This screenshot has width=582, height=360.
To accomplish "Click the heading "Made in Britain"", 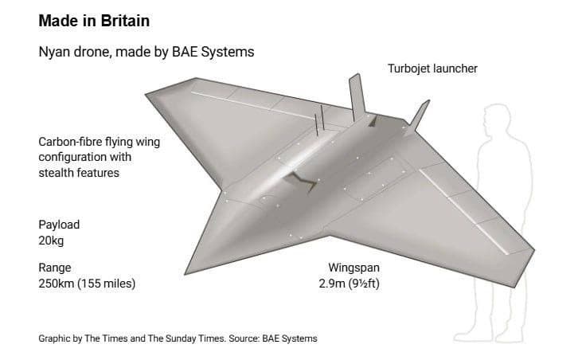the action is click(94, 21).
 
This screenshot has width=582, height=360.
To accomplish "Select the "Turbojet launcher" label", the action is click(432, 68).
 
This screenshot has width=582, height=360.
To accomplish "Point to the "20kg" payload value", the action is click(51, 241).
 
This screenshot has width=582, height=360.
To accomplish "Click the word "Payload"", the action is click(59, 225).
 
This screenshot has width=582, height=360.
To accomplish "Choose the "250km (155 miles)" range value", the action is click(87, 284).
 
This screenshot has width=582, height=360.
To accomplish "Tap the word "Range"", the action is click(55, 268).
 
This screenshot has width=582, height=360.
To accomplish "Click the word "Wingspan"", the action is click(353, 268).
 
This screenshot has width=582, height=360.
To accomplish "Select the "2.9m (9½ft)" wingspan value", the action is click(349, 284).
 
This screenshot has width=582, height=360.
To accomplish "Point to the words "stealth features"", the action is click(79, 173).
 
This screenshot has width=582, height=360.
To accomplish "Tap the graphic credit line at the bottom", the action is click(178, 338).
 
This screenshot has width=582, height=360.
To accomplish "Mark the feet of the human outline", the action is click(489, 337).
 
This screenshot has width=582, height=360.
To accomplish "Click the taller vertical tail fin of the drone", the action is click(357, 97).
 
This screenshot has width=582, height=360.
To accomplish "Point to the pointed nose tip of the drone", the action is click(186, 274).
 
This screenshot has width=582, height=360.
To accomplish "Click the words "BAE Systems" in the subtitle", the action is click(213, 52).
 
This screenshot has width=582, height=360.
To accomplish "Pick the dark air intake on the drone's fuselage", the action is click(302, 182).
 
